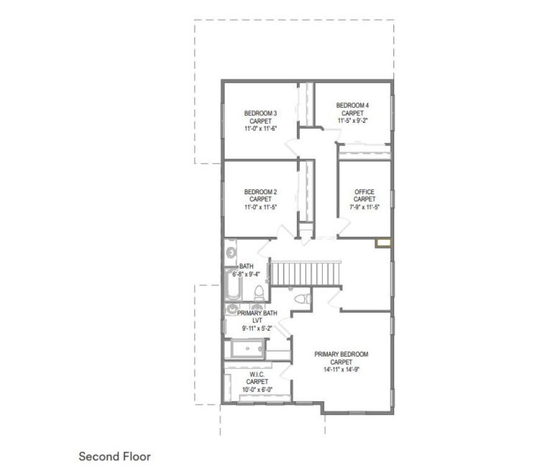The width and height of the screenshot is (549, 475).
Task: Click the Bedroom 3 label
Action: tap(260, 113)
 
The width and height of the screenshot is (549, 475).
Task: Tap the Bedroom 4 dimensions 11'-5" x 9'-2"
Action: tap(352, 120)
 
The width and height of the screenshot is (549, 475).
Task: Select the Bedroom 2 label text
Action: tap(260, 192)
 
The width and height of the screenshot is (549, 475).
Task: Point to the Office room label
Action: tap(364, 192)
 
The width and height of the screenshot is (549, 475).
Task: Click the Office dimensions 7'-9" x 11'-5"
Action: tap(364, 207)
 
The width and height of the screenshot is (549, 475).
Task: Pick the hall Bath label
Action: tap(246, 266)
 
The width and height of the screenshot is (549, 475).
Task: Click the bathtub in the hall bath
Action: tap(233, 285)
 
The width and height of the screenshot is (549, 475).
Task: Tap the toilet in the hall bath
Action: tap(259, 293)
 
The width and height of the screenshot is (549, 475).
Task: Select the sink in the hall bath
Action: tap(231, 252)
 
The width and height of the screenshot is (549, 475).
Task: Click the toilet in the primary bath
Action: tap(302, 299)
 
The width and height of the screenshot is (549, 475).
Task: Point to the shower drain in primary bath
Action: tap(247, 348)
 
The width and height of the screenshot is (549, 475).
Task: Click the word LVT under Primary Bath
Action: tap(257, 321)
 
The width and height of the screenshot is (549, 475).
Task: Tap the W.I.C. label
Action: tap(257, 375)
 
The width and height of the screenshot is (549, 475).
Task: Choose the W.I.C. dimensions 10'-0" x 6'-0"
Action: tap(257, 389)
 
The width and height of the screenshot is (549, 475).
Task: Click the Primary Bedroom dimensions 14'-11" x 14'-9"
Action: tap(341, 369)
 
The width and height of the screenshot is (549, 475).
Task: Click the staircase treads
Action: tap(305, 273)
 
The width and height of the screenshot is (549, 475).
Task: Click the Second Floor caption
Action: tap(115, 456)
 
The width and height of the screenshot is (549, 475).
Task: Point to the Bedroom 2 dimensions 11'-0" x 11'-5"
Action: tap(260, 207)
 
